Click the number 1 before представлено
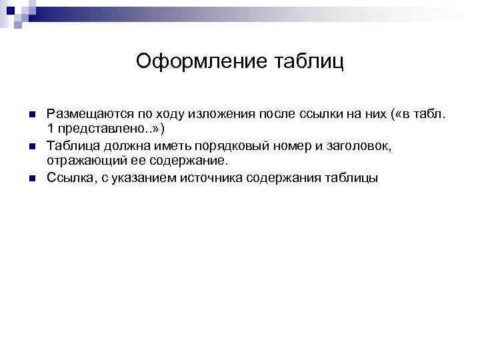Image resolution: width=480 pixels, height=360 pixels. [x=51, y=129]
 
